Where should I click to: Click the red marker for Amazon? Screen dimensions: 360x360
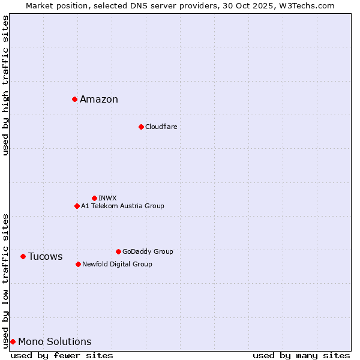(74, 99)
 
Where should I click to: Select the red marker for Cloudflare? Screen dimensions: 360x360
(141, 127)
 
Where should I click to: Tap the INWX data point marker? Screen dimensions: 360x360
(94, 198)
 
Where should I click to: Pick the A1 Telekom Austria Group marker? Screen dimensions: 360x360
(77, 206)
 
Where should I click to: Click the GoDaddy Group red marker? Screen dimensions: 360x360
(118, 251)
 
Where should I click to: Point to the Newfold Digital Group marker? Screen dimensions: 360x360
(78, 264)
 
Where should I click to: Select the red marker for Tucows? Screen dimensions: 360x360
(23, 256)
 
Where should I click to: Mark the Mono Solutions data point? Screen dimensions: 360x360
(13, 341)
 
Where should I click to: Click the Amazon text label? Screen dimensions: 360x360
(99, 100)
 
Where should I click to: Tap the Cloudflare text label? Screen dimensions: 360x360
(161, 127)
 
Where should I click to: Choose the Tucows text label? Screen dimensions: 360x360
(45, 257)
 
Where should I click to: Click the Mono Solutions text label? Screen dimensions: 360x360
(55, 342)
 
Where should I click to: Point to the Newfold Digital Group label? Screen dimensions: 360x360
(117, 264)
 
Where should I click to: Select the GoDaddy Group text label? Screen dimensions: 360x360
(148, 252)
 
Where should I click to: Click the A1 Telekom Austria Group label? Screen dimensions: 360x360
(122, 206)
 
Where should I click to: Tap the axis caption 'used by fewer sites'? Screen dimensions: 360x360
(62, 355)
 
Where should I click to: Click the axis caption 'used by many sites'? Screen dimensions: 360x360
(301, 355)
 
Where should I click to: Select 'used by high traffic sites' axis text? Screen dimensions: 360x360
(5, 85)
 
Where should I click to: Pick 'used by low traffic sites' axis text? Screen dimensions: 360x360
(5, 280)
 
